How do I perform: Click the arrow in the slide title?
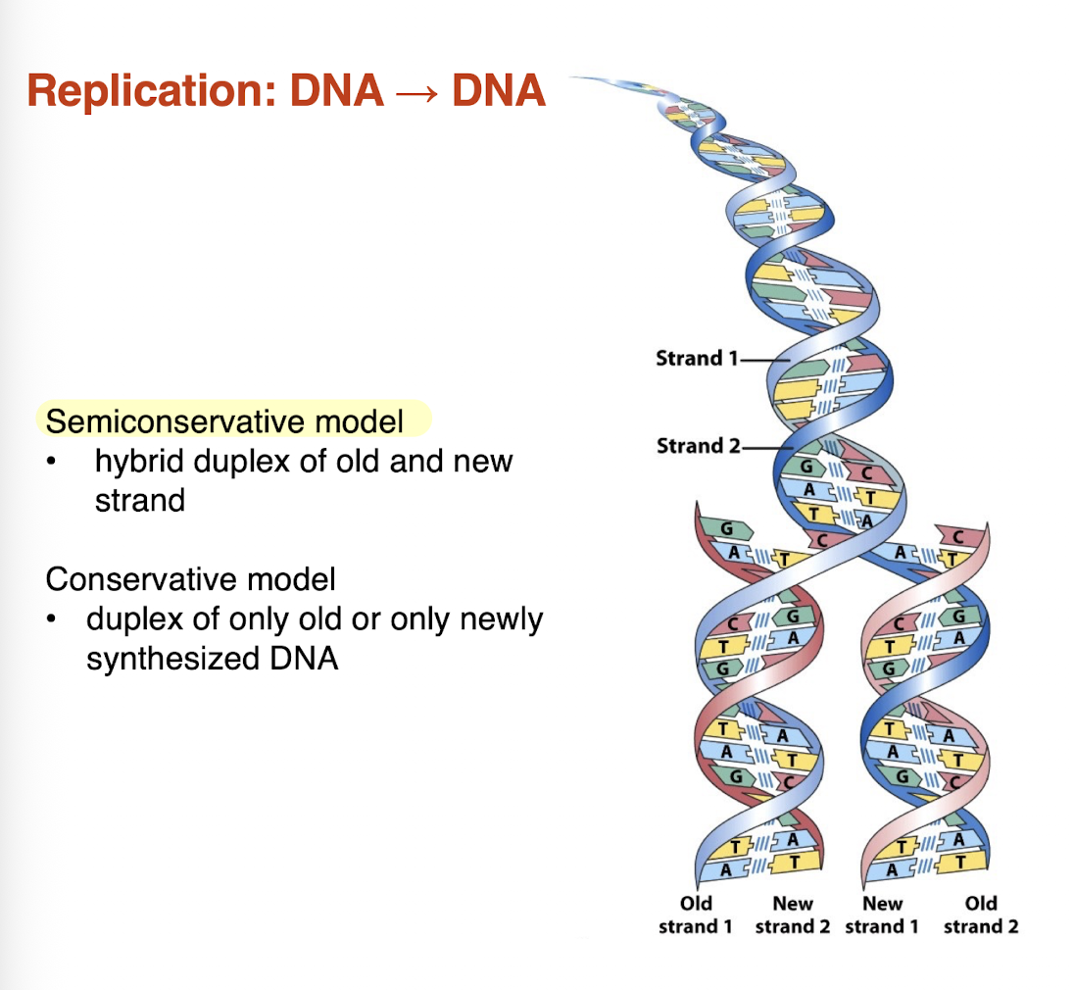(x=417, y=93)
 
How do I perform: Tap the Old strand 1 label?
(x=695, y=916)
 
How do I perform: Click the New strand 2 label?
(x=792, y=916)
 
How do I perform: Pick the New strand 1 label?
(x=881, y=916)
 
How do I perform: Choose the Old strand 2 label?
(x=980, y=916)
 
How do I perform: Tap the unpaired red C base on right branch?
(x=956, y=536)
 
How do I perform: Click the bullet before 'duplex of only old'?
(x=61, y=619)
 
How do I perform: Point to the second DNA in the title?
(x=498, y=91)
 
